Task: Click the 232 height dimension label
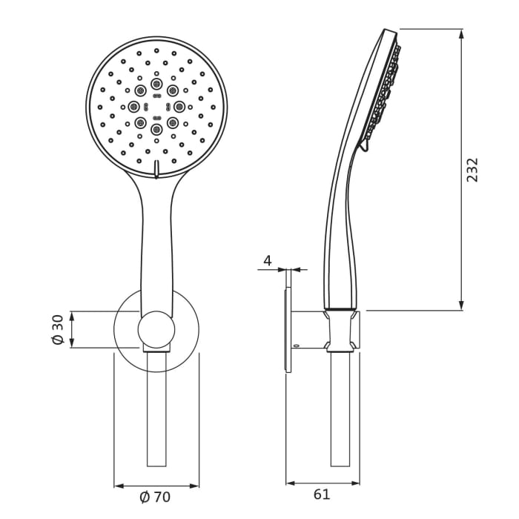[x=473, y=169]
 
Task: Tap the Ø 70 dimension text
[x=155, y=495]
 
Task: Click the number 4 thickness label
[x=268, y=260]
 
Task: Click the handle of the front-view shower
[x=156, y=237]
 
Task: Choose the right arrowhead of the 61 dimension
[x=356, y=483]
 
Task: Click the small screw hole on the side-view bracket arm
[x=296, y=345]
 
